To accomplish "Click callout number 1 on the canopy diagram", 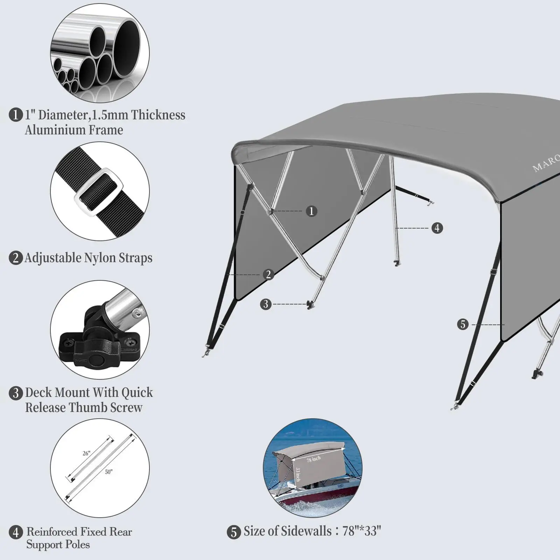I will click(x=311, y=211).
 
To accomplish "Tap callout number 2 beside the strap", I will click(x=268, y=274).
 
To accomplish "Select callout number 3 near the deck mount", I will click(x=266, y=304).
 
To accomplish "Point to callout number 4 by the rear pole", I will click(x=437, y=228).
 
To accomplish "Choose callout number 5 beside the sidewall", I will click(x=463, y=324).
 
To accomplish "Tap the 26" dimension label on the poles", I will click(x=86, y=453).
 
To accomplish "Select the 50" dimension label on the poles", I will click(x=108, y=472).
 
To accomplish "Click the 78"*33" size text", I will click(x=362, y=531).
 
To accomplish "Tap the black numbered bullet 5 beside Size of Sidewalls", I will click(x=234, y=532).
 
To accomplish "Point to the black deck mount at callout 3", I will click(x=310, y=304).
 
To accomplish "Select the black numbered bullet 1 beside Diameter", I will click(x=15, y=115).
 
